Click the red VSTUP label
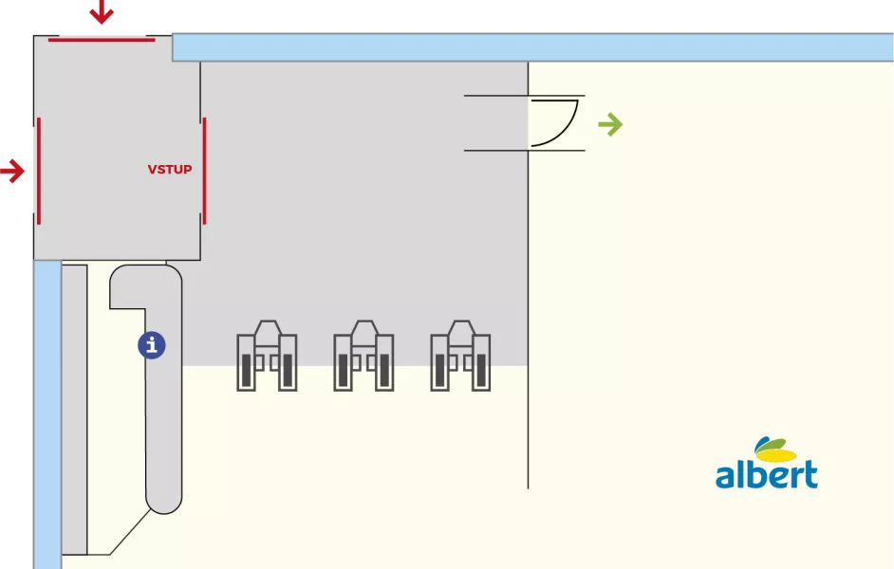point(169,169)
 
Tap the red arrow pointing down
point(102,11)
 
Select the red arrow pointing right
point(12,171)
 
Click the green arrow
point(610,125)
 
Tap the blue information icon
point(152,345)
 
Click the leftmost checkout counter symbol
point(267,356)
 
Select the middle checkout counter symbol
point(363,356)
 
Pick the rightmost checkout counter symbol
point(460,356)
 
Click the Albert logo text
point(767,474)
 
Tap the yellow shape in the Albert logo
point(776,453)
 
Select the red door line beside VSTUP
point(204,171)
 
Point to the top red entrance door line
point(102,40)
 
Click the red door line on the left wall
point(39,171)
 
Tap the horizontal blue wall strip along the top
point(532,47)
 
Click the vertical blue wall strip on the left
point(47,414)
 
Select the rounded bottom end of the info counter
point(164,499)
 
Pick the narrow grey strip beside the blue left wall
point(74,410)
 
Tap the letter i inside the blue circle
point(152,345)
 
